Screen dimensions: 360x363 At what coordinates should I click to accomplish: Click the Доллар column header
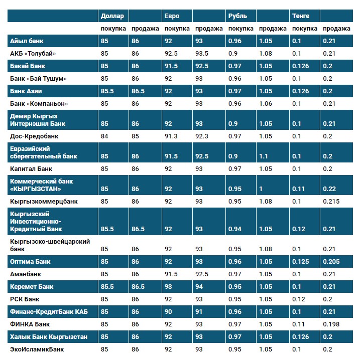pos(112,16)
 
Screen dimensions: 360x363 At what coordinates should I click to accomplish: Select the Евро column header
pos(172,16)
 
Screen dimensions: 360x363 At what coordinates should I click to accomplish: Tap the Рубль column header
pos(237,16)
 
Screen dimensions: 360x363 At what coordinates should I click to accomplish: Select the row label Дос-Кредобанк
pos(34,136)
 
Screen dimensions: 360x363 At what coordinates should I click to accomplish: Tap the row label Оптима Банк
pos(30,262)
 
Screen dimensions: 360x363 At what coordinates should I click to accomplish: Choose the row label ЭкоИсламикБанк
pos(37,349)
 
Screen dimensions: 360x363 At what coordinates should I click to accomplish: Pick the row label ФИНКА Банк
pos(30,324)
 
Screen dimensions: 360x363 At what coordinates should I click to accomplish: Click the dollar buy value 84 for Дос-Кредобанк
pos(104,136)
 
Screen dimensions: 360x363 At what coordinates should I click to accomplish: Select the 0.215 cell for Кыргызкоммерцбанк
pos(331,202)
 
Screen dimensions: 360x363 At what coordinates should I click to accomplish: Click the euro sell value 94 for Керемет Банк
pos(200,287)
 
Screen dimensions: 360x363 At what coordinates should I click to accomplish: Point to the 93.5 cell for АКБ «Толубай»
pos(202,54)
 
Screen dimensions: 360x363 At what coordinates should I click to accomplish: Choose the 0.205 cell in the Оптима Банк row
pos(331,262)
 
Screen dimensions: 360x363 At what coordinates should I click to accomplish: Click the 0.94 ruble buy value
pos(234,229)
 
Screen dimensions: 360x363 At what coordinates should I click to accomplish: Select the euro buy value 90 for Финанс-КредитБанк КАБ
pos(168,312)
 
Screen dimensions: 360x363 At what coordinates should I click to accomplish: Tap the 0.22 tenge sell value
pos(329,189)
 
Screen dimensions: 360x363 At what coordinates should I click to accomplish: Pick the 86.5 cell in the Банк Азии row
pos(138,91)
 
